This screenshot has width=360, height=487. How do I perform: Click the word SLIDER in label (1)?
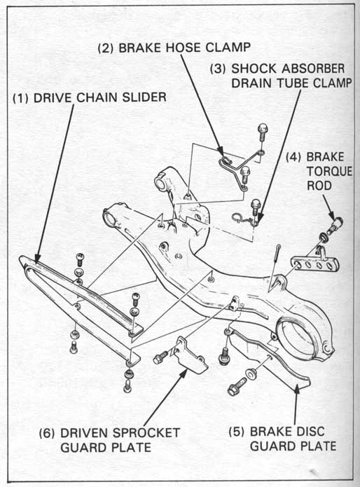click(x=144, y=97)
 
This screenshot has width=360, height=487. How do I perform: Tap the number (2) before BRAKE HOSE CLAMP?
click(x=106, y=48)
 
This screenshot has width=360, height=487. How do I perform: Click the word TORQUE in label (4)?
click(x=329, y=171)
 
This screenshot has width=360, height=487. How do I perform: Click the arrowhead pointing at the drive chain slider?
click(x=37, y=258)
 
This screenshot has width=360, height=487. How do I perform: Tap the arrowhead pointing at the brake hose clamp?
click(x=220, y=151)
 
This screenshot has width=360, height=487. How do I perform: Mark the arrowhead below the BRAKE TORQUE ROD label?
click(x=331, y=216)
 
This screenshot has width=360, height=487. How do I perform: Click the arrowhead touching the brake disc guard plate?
click(x=296, y=388)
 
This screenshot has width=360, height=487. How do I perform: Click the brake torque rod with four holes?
click(x=315, y=264)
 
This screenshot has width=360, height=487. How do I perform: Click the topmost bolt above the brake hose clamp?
click(x=263, y=131)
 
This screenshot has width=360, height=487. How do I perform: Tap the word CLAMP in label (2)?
click(x=228, y=47)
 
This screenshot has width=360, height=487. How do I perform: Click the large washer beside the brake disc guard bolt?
click(x=251, y=373)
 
